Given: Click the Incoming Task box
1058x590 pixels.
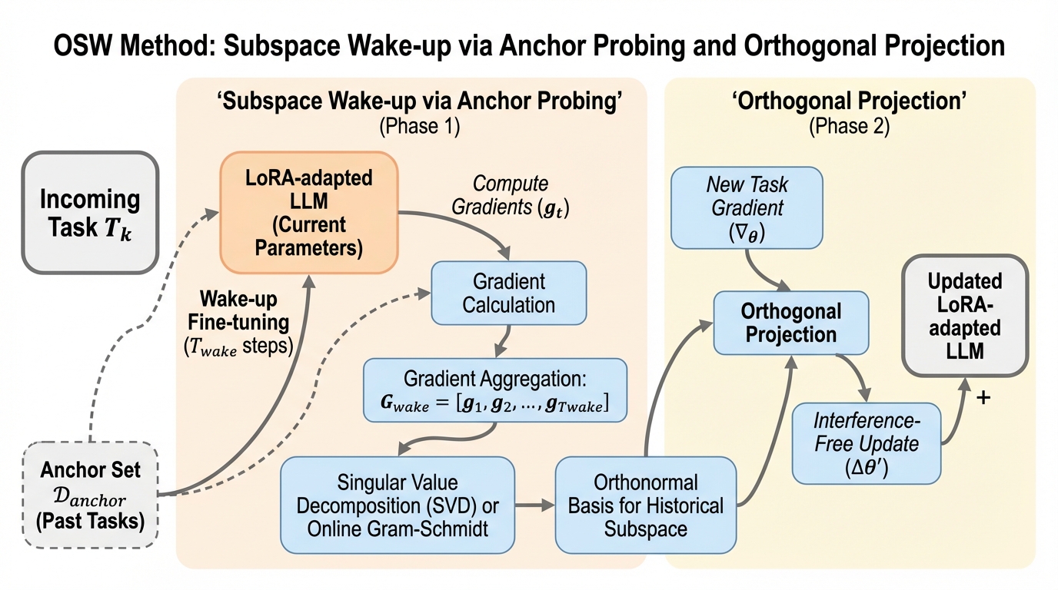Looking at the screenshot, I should click(90, 212).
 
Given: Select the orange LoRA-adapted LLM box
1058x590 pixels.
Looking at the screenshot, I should click(308, 212).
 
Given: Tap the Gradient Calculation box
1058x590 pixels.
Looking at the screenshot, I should click(508, 293).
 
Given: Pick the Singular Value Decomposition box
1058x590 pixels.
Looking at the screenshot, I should click(397, 505).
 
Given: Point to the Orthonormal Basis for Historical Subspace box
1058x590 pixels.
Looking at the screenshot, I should click(646, 505).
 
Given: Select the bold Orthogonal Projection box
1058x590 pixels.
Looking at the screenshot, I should click(790, 323).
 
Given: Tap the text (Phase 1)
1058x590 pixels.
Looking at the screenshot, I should click(419, 126).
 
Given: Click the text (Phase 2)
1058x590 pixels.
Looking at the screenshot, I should click(849, 126).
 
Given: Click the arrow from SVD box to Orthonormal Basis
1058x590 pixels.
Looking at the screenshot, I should click(534, 505).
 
